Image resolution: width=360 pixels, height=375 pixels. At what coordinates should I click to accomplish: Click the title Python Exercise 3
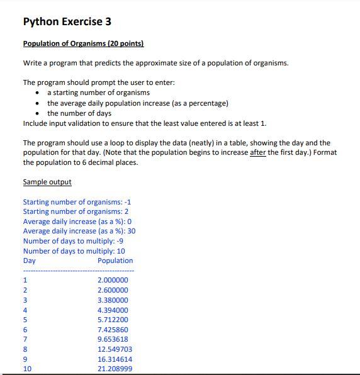click(x=67, y=21)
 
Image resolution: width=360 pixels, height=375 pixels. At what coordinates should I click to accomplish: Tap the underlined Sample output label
click(x=47, y=182)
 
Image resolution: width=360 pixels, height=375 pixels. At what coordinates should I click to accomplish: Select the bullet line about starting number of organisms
click(x=98, y=92)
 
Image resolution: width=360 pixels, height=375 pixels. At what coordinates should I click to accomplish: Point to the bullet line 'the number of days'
click(x=79, y=113)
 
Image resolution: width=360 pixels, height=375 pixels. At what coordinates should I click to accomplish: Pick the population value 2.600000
click(x=113, y=290)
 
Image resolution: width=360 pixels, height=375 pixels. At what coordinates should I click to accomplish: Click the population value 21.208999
click(x=115, y=369)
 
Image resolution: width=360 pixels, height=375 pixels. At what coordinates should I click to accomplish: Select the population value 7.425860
click(x=113, y=330)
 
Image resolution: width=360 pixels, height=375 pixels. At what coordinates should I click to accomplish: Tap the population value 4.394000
click(x=113, y=310)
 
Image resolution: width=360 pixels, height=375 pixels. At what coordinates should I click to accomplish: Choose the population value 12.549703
click(x=115, y=349)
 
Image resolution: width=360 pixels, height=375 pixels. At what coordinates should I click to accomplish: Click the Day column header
click(x=29, y=260)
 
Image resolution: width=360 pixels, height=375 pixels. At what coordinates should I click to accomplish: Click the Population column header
click(x=115, y=260)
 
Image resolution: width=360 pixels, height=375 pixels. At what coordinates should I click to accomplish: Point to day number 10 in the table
click(x=27, y=369)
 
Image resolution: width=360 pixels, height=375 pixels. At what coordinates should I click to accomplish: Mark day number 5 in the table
click(x=25, y=320)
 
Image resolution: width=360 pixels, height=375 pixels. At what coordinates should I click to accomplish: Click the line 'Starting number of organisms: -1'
click(x=77, y=202)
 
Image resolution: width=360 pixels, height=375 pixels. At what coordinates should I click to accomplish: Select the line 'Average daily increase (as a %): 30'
click(x=79, y=231)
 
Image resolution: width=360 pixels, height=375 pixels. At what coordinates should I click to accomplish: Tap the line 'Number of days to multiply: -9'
click(x=73, y=241)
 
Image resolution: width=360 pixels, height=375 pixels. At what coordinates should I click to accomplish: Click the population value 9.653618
click(x=113, y=339)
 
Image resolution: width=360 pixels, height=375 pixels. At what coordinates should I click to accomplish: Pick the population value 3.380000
click(x=113, y=300)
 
